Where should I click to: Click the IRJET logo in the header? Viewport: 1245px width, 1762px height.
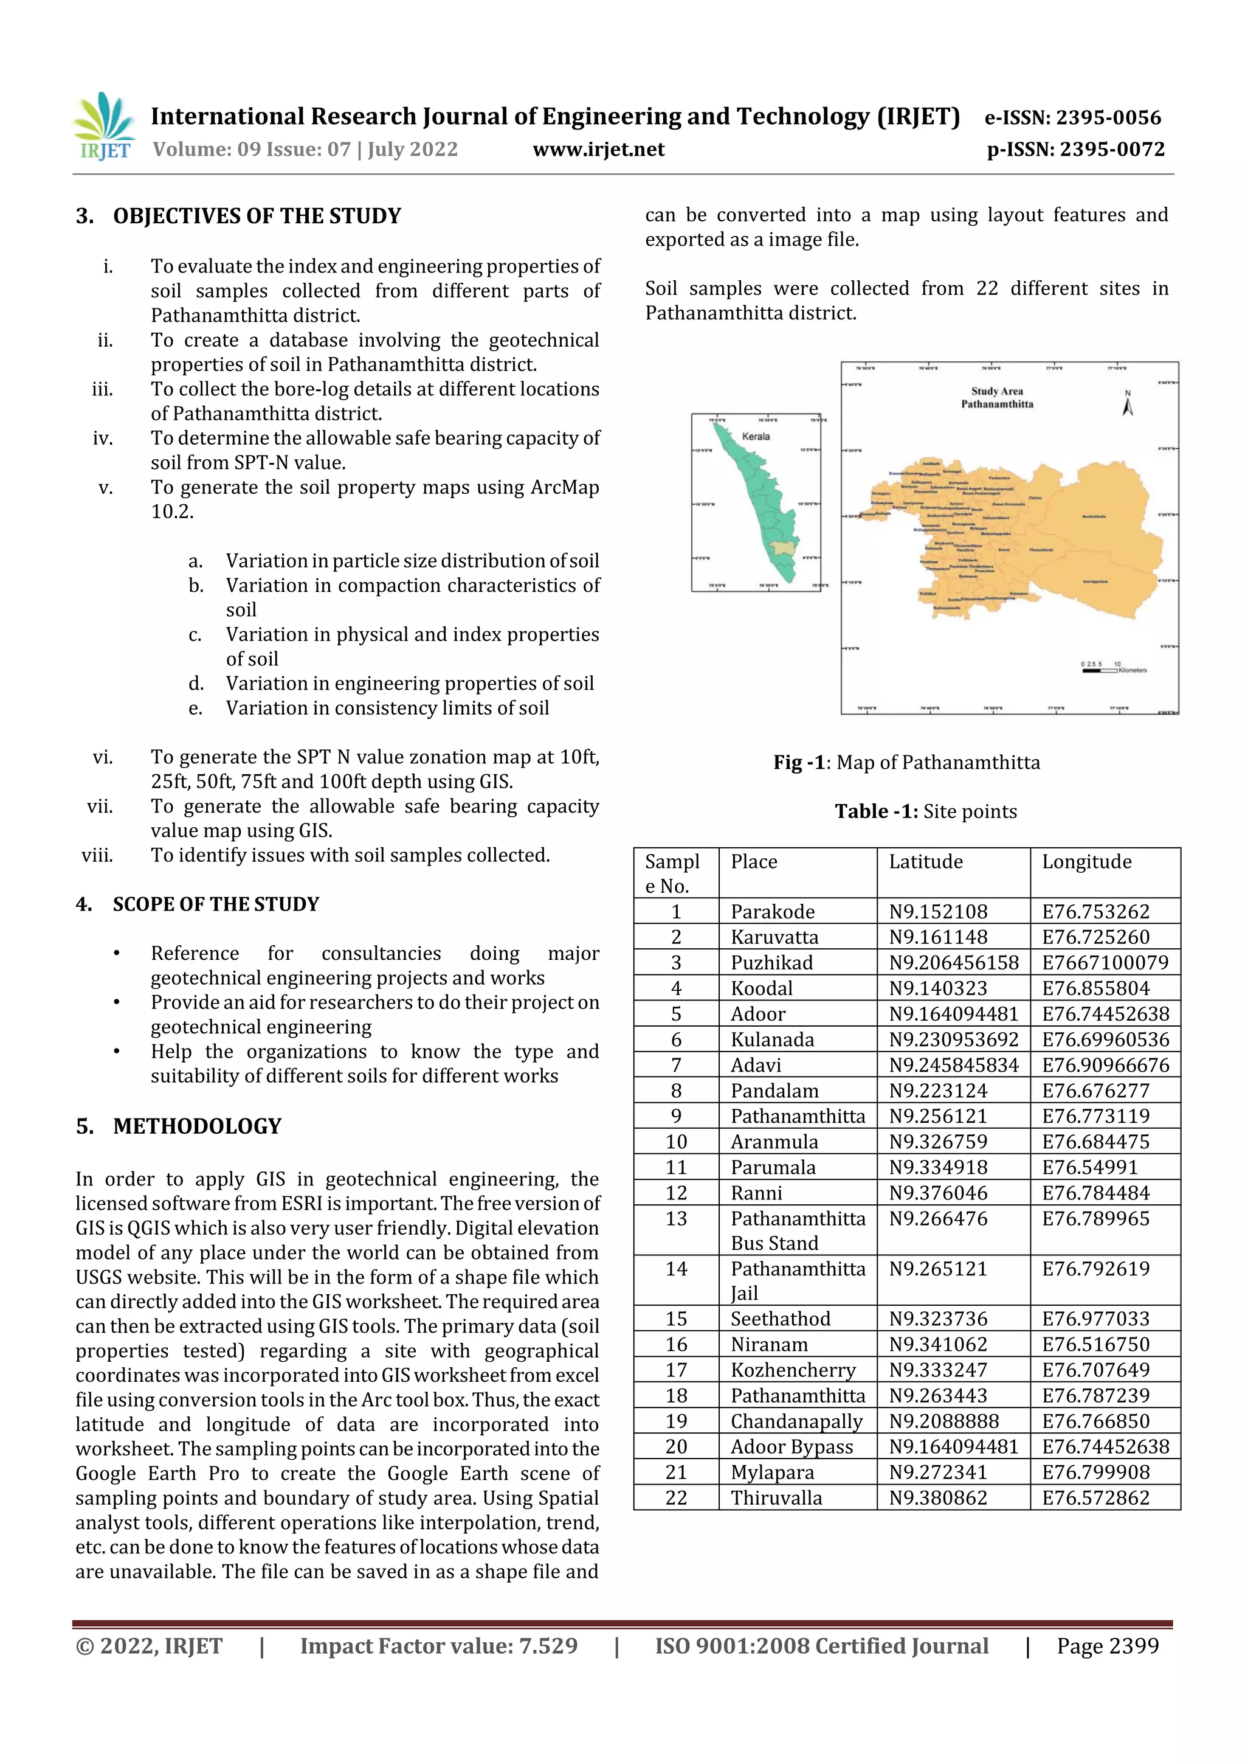point(103,127)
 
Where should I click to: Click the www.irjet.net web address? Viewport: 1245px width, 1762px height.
point(598,150)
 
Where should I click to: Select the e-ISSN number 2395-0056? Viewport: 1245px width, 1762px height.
point(1072,117)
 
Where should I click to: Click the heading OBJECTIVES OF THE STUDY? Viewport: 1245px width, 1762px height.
point(256,217)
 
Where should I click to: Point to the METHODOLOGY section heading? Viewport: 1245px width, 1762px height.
point(196,1126)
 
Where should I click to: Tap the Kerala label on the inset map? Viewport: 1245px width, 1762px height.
point(756,436)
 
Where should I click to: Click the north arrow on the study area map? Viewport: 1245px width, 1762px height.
point(1128,404)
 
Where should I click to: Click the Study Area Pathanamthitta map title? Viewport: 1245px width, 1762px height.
point(996,398)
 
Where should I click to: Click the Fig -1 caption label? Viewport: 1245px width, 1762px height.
point(798,762)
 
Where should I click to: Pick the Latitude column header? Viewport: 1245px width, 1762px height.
point(925,862)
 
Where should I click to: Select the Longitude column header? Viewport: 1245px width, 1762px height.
point(1086,862)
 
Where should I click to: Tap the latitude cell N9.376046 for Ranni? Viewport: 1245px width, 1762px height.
point(937,1193)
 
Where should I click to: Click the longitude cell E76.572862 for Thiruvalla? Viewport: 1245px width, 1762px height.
point(1095,1497)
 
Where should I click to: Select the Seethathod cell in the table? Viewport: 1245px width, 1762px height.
point(779,1319)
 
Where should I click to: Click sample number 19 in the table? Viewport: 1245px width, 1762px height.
point(676,1421)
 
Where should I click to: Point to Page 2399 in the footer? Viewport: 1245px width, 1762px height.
point(1107,1645)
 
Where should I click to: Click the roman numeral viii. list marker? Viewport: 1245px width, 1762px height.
point(97,855)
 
